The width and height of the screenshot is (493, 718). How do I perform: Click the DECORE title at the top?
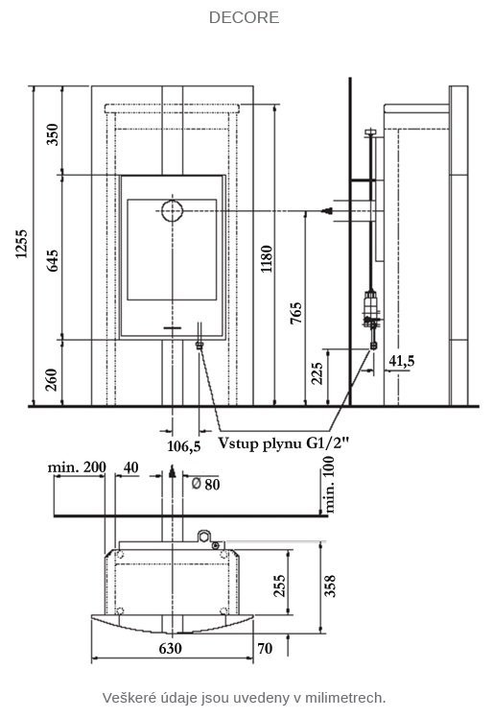tap(244, 17)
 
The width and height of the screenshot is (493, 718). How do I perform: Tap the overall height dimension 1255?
tap(21, 244)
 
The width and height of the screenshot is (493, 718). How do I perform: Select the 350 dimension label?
tap(53, 134)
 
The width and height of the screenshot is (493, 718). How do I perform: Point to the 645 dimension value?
tap(53, 260)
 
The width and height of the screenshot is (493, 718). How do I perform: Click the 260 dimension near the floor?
tap(52, 379)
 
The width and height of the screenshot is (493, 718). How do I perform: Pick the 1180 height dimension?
tap(267, 259)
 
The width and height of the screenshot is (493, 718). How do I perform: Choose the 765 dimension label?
tap(296, 313)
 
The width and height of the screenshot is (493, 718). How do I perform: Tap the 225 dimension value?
tap(317, 373)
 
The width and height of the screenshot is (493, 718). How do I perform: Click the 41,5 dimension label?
tap(402, 361)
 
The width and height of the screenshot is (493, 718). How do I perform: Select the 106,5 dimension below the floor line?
tap(183, 445)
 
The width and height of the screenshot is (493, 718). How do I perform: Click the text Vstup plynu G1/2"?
tap(283, 443)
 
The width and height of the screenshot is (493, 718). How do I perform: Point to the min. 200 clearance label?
tap(77, 467)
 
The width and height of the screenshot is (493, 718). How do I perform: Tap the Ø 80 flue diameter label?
tap(205, 484)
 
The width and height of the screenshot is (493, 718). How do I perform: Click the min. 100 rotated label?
tap(329, 485)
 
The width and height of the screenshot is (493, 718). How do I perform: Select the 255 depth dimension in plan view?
tap(279, 586)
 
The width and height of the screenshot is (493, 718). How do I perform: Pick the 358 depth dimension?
tap(330, 586)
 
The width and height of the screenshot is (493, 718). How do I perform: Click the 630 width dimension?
tap(171, 648)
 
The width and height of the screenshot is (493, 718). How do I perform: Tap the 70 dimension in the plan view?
tap(265, 648)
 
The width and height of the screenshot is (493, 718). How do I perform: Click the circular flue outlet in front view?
tap(172, 211)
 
